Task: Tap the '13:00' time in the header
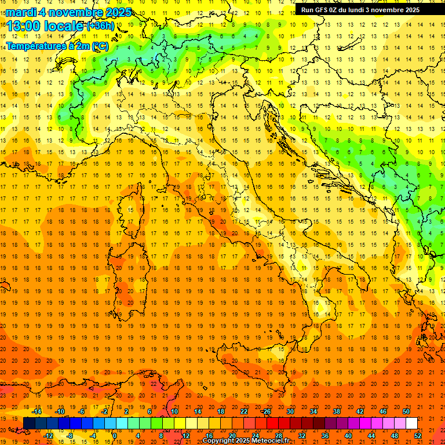25,26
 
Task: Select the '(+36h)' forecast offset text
100,25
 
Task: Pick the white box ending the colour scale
411,424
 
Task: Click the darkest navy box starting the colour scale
29,424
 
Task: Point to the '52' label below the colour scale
418,436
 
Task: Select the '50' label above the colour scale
406,411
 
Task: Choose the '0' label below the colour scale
115,436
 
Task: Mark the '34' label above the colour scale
313,411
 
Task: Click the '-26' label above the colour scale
266,411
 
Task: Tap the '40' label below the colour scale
348,436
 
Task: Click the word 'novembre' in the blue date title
74,12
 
